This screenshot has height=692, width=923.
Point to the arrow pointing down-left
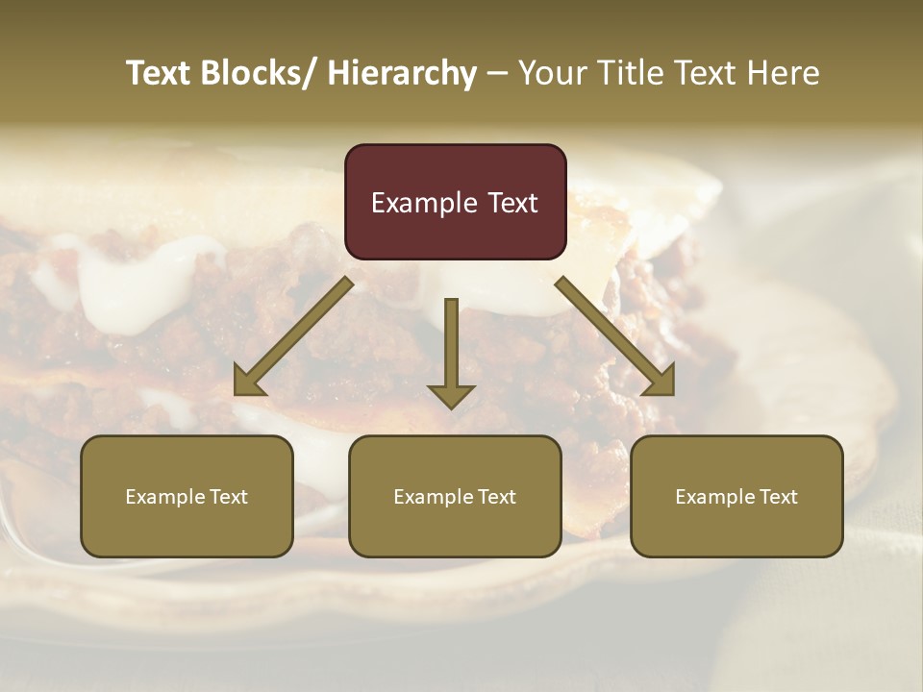coord(293,336)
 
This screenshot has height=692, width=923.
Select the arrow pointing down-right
coord(615,336)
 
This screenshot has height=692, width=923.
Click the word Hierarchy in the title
coord(402,73)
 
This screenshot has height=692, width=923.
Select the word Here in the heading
coord(784,73)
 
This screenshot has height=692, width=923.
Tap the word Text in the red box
coord(512,204)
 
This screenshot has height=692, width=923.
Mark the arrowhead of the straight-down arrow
coord(451,395)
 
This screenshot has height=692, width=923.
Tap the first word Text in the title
coord(159,73)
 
